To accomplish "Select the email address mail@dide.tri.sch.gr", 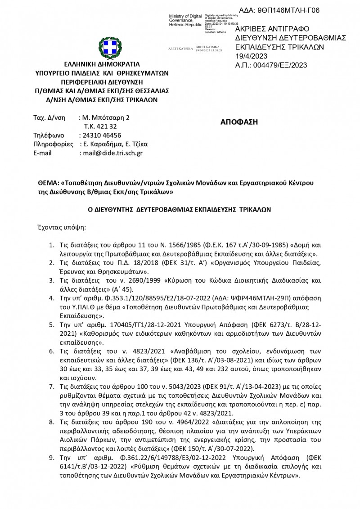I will (111, 153).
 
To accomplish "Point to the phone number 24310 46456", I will (100, 135).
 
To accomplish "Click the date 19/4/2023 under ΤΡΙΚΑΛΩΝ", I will (251, 56).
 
